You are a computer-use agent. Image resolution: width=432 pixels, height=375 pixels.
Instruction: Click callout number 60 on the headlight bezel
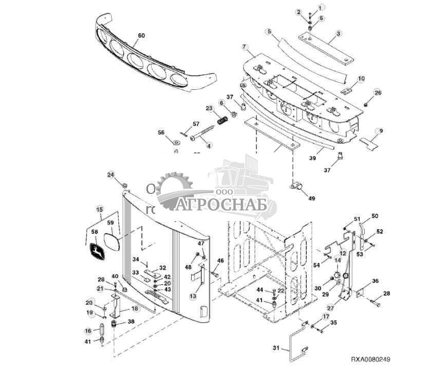click(x=141, y=36)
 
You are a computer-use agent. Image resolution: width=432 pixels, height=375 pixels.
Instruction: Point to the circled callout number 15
click(x=100, y=209)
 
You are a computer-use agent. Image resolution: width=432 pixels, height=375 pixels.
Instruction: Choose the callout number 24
click(x=111, y=174)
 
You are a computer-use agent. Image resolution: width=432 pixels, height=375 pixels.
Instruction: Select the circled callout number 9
click(x=380, y=130)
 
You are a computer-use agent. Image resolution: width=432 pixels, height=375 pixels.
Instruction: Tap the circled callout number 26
click(x=378, y=92)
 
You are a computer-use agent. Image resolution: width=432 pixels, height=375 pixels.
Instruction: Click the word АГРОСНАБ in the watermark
click(x=222, y=205)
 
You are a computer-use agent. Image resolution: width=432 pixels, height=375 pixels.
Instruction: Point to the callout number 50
click(x=374, y=215)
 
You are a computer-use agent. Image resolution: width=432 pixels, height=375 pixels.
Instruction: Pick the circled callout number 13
click(x=193, y=296)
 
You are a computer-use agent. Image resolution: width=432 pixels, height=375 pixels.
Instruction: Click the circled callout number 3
click(x=339, y=34)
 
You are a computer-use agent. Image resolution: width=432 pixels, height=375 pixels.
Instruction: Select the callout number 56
click(x=161, y=132)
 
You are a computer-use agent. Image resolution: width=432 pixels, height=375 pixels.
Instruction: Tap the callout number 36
click(x=375, y=281)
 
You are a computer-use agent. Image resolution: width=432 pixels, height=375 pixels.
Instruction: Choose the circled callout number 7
click(x=245, y=47)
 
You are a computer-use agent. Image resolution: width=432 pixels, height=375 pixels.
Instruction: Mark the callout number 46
click(x=220, y=261)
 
